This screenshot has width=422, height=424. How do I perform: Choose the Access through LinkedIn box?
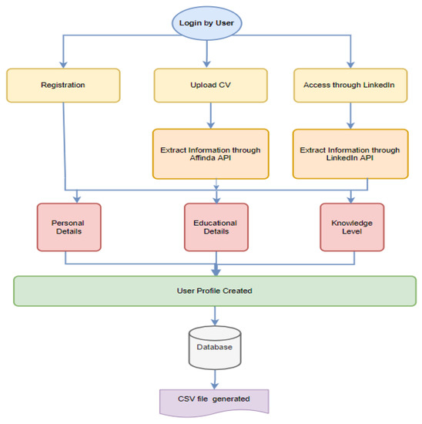350,86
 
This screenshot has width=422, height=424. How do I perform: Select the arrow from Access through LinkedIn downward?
350,116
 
